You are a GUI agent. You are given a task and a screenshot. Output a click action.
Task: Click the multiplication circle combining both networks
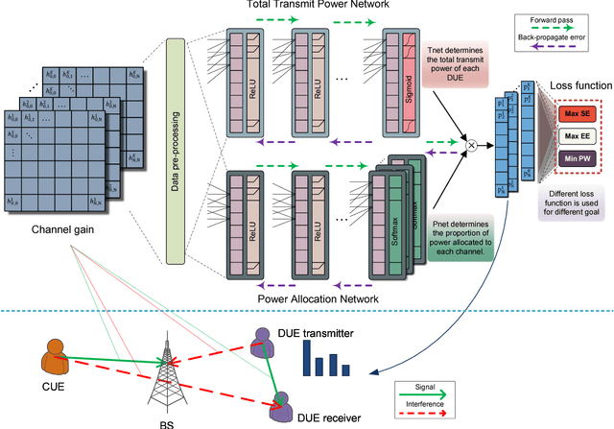(x=471, y=145)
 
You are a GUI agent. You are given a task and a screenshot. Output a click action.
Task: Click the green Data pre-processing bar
(x=175, y=151)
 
